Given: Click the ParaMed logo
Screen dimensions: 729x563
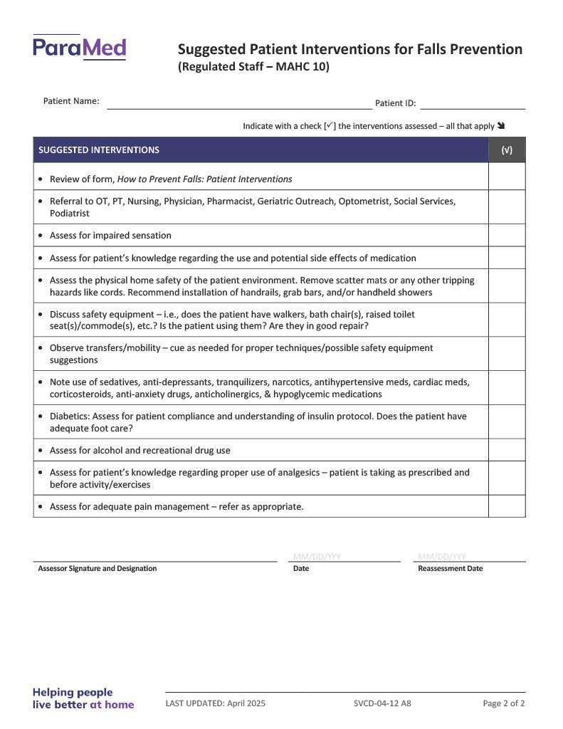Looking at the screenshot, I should pyautogui.click(x=79, y=48).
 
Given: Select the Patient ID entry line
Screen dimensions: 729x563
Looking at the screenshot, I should pyautogui.click(x=473, y=105).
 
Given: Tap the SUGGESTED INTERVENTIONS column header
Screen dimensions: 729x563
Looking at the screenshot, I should pyautogui.click(x=99, y=150).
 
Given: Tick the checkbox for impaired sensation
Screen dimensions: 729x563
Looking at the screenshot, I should pyautogui.click(x=507, y=236).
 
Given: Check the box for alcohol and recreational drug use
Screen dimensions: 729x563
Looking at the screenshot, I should pyautogui.click(x=507, y=451).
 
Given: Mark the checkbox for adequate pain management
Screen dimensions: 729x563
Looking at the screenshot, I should pyautogui.click(x=507, y=507).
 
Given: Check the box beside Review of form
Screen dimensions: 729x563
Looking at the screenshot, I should pyautogui.click(x=507, y=178).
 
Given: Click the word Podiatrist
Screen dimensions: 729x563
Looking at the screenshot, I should pyautogui.click(x=70, y=214).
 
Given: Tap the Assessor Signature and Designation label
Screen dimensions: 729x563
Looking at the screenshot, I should pyautogui.click(x=98, y=569).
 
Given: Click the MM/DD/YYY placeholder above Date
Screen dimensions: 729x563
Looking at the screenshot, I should pyautogui.click(x=317, y=557).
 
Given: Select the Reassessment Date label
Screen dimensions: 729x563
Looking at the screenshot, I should pyautogui.click(x=450, y=569).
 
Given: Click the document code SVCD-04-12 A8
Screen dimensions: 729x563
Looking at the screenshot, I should pyautogui.click(x=382, y=703).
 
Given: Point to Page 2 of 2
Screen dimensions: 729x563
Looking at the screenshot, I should pyautogui.click(x=504, y=703).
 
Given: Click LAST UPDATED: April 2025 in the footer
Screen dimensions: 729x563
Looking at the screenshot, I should pyautogui.click(x=215, y=703).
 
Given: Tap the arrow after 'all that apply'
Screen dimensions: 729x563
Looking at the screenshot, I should pyautogui.click(x=501, y=126).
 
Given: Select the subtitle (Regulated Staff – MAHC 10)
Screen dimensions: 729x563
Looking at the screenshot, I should pyautogui.click(x=253, y=68).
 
